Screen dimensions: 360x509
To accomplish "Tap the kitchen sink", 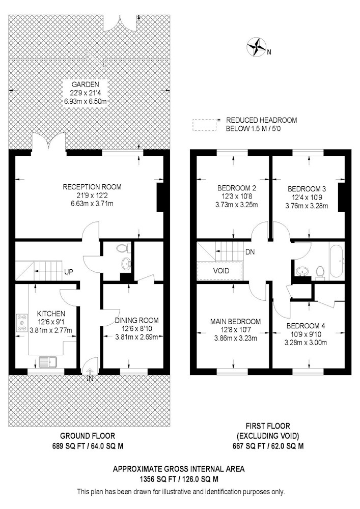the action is tap(48, 362).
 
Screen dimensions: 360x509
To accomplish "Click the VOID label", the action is tap(221, 271).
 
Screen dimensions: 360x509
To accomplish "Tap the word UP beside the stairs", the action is tap(69, 272).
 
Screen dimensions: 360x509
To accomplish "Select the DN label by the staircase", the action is tap(250, 252).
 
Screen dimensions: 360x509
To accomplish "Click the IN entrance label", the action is tap(90, 378).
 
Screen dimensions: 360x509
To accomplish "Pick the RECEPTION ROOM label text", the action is tap(92, 187).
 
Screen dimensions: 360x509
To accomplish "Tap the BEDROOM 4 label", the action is tap(306, 326).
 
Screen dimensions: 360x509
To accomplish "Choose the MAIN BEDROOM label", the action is tap(235, 322).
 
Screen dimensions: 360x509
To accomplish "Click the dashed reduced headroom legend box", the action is tap(205, 125).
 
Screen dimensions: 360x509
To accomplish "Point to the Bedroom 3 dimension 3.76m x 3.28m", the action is tap(307, 206).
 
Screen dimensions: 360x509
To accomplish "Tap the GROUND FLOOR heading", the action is tap(88, 436).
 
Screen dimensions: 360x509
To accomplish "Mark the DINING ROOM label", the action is tap(136, 321).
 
